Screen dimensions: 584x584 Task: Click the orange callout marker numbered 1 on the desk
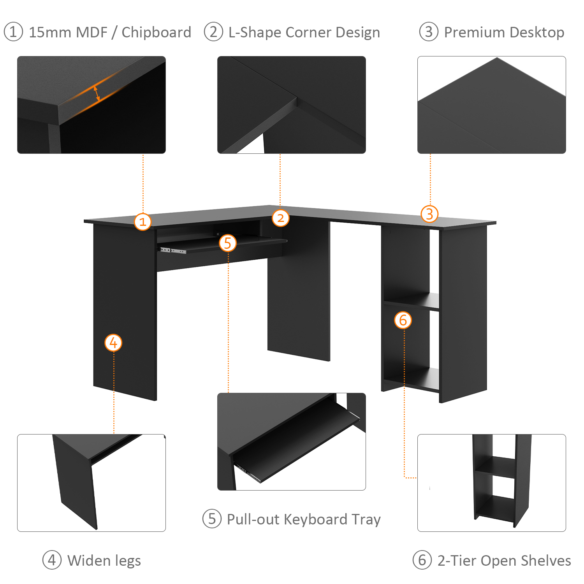tap(142, 222)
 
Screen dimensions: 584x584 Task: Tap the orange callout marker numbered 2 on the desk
tap(280, 218)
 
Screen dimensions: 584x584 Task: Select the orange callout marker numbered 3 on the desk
tap(429, 214)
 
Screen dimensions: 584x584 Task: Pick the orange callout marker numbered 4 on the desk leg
tap(113, 343)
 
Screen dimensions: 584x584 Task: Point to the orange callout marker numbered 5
tap(228, 243)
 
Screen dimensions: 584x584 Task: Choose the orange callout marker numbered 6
tap(403, 320)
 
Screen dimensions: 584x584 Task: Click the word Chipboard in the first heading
tap(156, 32)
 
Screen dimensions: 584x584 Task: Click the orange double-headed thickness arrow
tap(97, 93)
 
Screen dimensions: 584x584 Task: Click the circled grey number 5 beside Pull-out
tap(212, 519)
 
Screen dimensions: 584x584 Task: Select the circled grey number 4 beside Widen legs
tap(52, 560)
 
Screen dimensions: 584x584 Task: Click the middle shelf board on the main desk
tap(412, 301)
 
